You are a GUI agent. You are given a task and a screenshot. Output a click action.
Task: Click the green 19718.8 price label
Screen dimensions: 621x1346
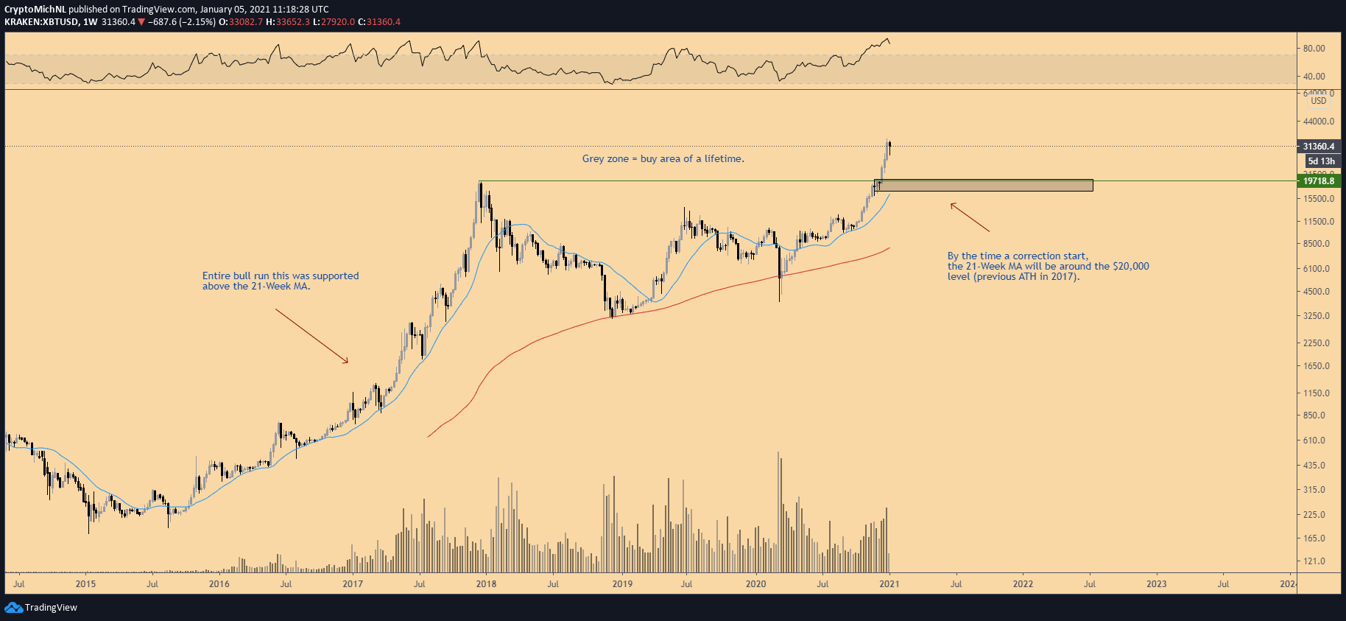1318,181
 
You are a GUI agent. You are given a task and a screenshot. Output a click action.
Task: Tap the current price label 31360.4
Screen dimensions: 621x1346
1318,147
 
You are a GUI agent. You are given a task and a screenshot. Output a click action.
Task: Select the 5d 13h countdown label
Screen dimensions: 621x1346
1321,161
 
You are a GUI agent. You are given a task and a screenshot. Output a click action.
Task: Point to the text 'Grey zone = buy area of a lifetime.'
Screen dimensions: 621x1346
663,159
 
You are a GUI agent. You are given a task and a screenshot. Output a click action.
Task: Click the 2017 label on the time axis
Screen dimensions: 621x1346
353,584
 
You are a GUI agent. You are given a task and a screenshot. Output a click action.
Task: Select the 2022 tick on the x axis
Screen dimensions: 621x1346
1023,584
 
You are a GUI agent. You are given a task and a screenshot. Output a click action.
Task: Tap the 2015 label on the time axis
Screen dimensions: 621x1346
85,584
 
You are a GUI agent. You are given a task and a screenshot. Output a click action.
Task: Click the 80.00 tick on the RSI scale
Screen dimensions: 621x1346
1314,49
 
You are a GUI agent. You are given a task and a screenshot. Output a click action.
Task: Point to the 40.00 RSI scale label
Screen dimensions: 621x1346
1314,77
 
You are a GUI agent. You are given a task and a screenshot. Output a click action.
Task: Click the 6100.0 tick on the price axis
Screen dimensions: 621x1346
1317,269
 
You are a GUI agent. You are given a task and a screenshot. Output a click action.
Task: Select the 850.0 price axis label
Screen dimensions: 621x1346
1314,415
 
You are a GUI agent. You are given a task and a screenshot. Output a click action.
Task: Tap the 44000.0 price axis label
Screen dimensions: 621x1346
1318,122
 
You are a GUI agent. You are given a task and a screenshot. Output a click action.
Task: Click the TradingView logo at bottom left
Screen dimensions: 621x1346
41,608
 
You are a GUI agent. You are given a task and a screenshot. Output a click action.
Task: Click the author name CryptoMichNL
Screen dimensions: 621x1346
35,10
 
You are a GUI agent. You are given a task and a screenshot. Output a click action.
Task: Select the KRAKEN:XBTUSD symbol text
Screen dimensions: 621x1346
41,22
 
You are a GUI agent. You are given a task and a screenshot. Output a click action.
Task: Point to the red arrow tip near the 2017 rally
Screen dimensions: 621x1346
347,362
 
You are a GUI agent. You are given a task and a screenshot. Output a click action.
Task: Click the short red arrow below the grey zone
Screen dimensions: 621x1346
969,217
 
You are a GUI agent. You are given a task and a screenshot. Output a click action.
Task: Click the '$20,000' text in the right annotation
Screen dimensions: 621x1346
1130,267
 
